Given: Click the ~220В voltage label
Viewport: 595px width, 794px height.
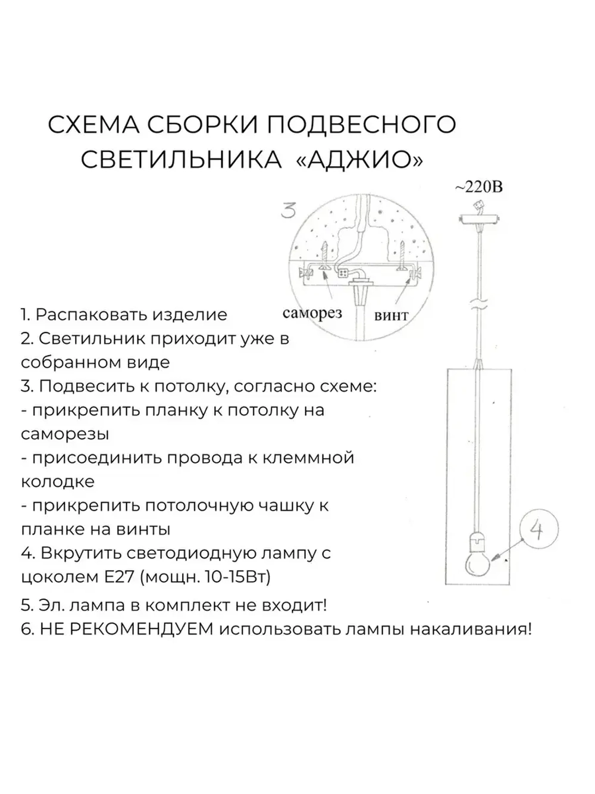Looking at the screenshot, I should tap(479, 187).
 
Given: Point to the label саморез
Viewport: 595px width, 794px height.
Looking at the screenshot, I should tap(312, 313).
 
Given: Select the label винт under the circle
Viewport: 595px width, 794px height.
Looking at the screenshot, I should tap(391, 315).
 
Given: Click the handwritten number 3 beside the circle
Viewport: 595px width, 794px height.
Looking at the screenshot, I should tap(289, 210).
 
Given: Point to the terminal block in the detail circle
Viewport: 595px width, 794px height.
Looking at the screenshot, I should tap(343, 273).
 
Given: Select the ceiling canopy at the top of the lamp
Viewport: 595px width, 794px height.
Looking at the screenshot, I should tap(478, 220).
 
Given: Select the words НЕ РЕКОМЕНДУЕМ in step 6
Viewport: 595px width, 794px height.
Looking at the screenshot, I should tap(126, 629).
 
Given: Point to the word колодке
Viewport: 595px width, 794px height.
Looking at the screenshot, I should tap(57, 481).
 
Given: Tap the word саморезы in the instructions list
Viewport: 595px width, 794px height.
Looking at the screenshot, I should tap(65, 434).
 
